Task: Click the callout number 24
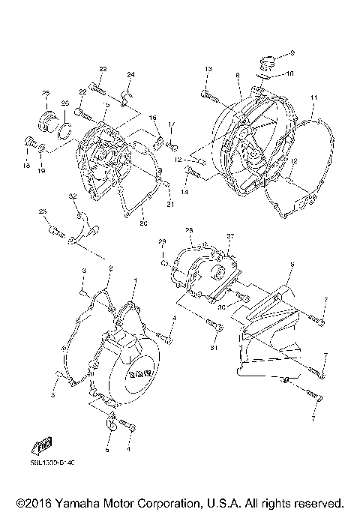[x=130, y=75]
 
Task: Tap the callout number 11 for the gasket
[x=313, y=97]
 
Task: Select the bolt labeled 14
[x=191, y=173]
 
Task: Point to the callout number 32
[x=73, y=196]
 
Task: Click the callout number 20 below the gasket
[x=143, y=223]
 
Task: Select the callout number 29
[x=161, y=241]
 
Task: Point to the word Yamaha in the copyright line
[x=71, y=502]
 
